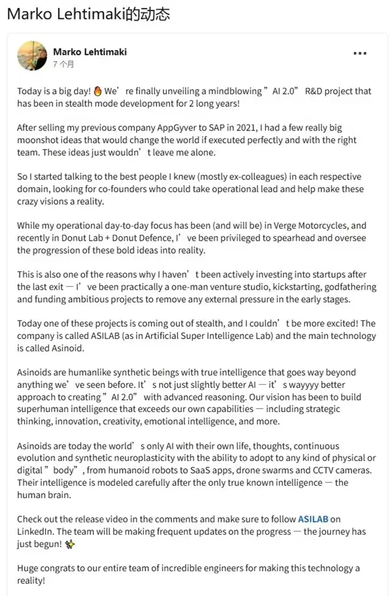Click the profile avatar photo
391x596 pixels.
(32, 56)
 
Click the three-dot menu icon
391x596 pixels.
(360, 53)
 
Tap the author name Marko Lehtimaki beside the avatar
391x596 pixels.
(89, 52)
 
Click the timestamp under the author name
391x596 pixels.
(63, 65)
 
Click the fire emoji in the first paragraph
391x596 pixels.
(98, 91)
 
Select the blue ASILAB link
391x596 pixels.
(313, 519)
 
